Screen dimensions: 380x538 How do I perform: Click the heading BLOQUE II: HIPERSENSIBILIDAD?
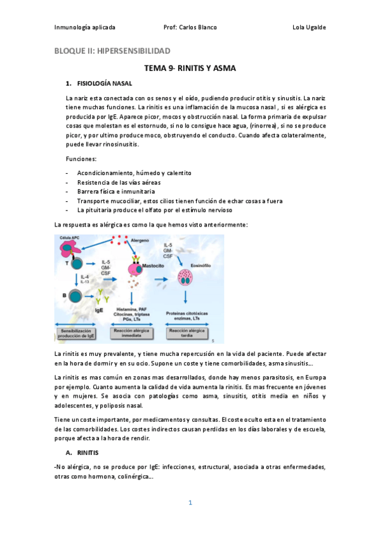point(112,51)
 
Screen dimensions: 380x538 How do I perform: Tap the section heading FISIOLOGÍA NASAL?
point(105,83)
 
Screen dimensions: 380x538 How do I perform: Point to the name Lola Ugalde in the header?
point(309,27)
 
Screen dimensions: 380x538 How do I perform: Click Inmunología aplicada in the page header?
point(84,27)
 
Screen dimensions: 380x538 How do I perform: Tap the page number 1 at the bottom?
point(190,503)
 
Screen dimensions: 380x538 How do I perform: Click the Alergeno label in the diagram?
point(140,241)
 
